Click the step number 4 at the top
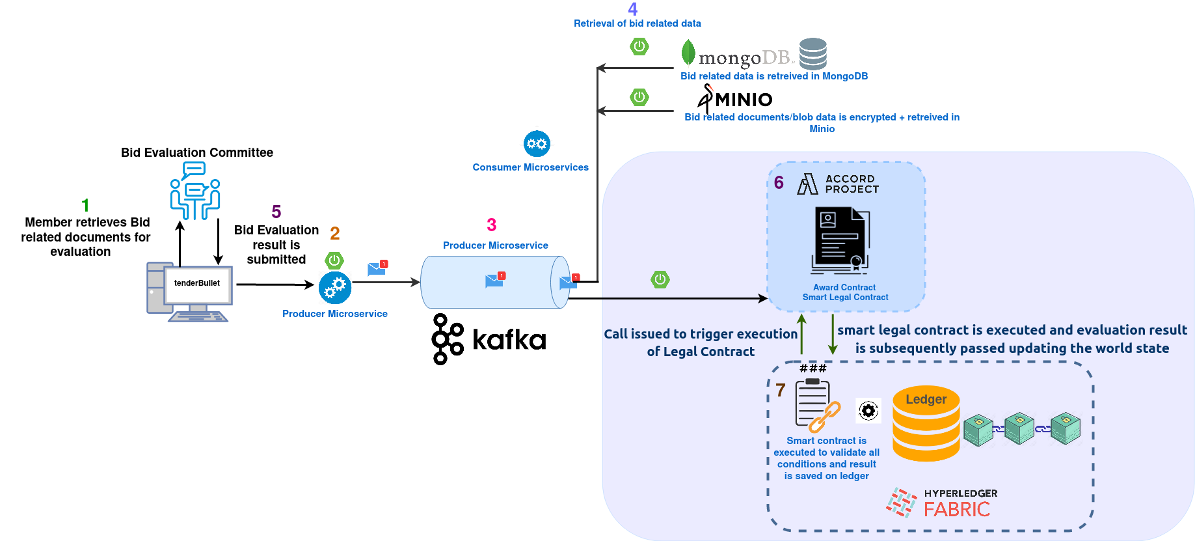tap(632, 9)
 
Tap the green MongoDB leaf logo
tap(688, 53)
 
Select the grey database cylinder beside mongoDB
tap(812, 53)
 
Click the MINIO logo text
tap(744, 100)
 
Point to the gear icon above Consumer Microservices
tap(537, 144)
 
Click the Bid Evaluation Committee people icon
tap(195, 191)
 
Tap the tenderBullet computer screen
tap(198, 284)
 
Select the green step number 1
tap(85, 206)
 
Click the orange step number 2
tap(335, 233)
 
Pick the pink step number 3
tap(492, 225)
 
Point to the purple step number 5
tap(276, 212)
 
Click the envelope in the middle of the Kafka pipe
tap(494, 281)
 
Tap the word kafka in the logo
tap(509, 340)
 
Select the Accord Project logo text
tap(852, 184)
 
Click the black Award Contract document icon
tap(840, 240)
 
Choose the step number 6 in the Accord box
tap(779, 182)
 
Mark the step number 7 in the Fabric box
tap(781, 390)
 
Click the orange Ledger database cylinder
tap(926, 424)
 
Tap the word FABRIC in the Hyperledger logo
tap(956, 509)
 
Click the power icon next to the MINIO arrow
tap(639, 97)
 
